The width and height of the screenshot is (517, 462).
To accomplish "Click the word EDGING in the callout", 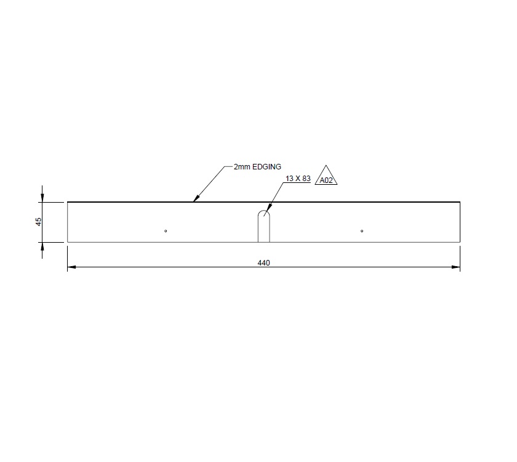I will coord(267,167).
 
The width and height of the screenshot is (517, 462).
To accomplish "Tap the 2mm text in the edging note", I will coord(242,167).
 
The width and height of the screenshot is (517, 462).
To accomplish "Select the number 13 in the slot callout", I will coord(290,179).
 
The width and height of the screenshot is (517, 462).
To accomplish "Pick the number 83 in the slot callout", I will coord(306,179).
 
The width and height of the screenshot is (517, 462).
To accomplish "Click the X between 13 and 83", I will coord(298,179).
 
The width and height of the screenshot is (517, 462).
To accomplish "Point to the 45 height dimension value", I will coord(38,222).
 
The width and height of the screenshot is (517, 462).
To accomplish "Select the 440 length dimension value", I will coord(263,262).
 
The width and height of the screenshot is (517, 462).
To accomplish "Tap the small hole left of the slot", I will coord(166,231).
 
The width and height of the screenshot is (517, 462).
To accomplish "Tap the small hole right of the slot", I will coord(362,231).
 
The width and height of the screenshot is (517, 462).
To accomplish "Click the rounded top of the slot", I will coord(263,213).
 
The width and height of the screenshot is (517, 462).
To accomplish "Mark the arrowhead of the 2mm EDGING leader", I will coord(196,200).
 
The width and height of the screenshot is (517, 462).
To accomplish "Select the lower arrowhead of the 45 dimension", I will coord(42,246).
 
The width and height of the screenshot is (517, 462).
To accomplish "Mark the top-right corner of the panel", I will coord(460,202).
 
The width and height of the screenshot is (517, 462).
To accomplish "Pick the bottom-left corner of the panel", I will coord(67,242).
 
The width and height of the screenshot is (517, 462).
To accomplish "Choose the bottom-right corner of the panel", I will coord(460,242).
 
